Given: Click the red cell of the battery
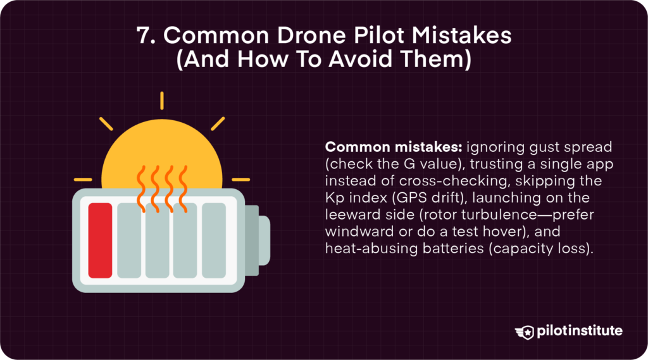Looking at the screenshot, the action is [100, 240].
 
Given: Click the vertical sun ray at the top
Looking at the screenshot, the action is [161, 101].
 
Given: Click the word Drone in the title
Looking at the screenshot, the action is [312, 35].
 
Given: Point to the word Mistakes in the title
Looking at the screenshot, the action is [461, 35].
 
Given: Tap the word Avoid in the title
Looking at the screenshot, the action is [361, 59].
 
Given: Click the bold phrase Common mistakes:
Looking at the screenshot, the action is [394, 147].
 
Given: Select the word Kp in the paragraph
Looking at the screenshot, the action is [335, 198].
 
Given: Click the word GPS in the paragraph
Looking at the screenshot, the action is [411, 197].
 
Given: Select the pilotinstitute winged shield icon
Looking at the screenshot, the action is [525, 332].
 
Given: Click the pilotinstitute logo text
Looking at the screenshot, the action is [580, 332].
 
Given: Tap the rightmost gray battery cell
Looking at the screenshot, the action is [214, 240].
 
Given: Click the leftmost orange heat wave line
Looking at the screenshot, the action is [141, 189].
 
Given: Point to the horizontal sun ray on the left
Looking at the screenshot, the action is [83, 180].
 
